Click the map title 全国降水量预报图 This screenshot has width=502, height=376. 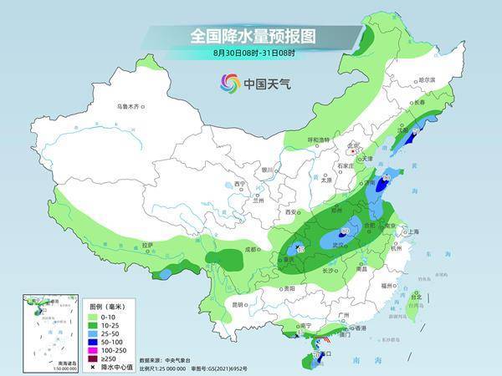click(251, 36)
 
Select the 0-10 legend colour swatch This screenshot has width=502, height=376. click(93, 315)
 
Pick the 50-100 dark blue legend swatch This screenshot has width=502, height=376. click(93, 341)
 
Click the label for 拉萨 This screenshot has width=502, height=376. click(147, 245)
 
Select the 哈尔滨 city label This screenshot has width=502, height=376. click(427, 79)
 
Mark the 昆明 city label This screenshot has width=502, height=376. click(240, 303)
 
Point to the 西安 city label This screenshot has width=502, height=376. click(292, 213)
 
